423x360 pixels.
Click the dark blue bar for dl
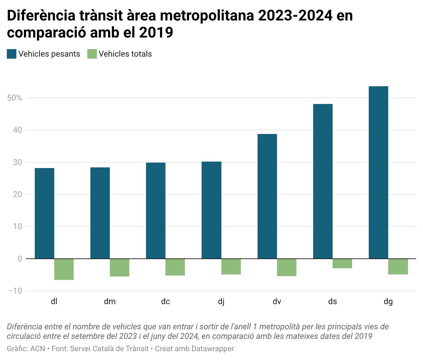tap(44, 213)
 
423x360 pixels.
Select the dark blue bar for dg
tap(378, 172)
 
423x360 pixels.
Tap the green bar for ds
tap(342, 264)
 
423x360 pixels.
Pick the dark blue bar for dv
tap(267, 196)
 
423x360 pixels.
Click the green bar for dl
tap(64, 269)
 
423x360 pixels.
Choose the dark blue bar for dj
tap(211, 210)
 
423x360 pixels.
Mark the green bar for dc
tap(175, 267)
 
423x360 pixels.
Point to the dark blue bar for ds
tap(323, 181)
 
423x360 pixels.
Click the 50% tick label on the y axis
tap(15, 98)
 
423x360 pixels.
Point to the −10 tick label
tap(15, 291)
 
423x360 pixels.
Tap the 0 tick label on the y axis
tap(20, 259)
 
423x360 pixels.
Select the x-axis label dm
tap(110, 301)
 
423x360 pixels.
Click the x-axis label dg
tap(388, 301)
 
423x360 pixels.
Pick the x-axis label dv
tap(277, 301)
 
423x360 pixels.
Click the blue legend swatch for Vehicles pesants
tap(12, 54)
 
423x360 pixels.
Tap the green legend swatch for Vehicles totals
tap(92, 54)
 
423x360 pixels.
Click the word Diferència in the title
tap(41, 16)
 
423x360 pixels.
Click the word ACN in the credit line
tap(38, 349)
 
